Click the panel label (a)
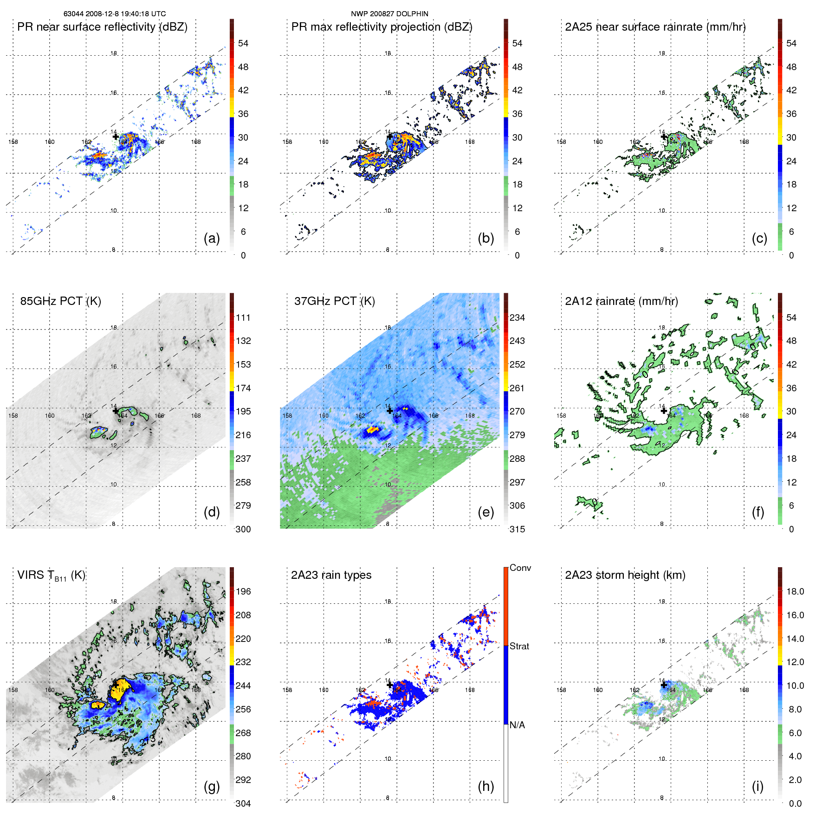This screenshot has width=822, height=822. [212, 239]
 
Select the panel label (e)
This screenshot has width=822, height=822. [485, 512]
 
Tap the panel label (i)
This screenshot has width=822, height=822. [757, 786]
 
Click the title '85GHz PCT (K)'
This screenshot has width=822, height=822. [60, 301]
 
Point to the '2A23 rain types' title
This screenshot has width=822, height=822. [331, 575]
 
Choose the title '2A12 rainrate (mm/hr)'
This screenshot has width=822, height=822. [621, 301]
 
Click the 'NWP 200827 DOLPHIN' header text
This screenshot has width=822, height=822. [389, 14]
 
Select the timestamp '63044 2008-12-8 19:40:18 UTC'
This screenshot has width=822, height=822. [115, 14]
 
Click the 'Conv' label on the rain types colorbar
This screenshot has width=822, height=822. [520, 568]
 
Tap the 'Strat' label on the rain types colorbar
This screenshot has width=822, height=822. [519, 646]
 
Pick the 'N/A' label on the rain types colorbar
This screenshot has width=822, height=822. [517, 725]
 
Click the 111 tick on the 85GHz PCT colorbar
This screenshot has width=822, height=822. [243, 317]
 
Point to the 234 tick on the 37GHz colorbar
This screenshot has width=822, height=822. [517, 317]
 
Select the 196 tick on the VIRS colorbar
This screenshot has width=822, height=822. [243, 591]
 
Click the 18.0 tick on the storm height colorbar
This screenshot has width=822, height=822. [795, 591]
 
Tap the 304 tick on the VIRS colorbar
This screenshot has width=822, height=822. [243, 803]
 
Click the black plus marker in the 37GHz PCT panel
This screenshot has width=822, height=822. [389, 411]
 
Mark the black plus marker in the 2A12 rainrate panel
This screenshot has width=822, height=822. [664, 411]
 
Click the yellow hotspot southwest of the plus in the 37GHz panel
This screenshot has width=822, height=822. [372, 430]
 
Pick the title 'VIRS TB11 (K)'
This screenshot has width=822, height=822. [51, 576]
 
